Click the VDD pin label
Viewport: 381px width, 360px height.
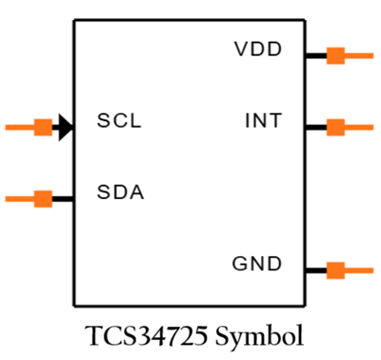[x=258, y=50]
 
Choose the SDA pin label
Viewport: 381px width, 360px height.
[x=120, y=193]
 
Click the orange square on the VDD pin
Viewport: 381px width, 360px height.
[x=335, y=55]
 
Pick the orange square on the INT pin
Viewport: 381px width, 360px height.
[x=335, y=127]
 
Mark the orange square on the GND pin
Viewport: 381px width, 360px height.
[x=335, y=270]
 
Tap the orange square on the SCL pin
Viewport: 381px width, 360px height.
[x=43, y=127]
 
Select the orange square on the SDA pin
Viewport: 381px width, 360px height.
[x=43, y=198]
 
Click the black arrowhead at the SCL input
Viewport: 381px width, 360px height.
[x=65, y=127]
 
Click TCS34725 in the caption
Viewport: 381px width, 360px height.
[x=144, y=337]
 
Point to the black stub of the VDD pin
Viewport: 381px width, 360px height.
[x=316, y=55]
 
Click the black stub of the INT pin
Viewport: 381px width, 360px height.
[x=316, y=127]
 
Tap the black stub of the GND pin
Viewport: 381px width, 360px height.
[x=316, y=270]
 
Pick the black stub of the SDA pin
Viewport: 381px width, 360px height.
[x=62, y=198]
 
